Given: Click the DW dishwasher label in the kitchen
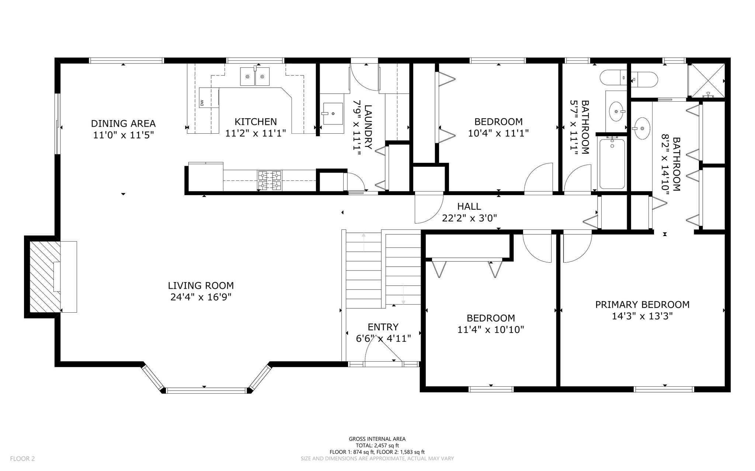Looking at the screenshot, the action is click(202, 103).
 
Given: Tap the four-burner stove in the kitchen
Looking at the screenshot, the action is click(269, 180).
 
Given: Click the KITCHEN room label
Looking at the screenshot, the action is click(256, 122).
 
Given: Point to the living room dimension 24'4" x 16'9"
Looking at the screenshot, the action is click(201, 297).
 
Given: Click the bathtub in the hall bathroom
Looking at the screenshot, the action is click(612, 164).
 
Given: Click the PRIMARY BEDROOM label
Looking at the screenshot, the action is click(642, 305).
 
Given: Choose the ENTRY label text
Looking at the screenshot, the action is click(383, 327).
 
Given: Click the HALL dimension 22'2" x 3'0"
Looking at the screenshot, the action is click(469, 218).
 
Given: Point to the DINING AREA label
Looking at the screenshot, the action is click(123, 123).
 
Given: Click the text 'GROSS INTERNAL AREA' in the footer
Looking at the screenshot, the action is click(377, 439).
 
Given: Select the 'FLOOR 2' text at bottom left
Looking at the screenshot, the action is click(22, 458).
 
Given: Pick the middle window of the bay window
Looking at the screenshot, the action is click(206, 390).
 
